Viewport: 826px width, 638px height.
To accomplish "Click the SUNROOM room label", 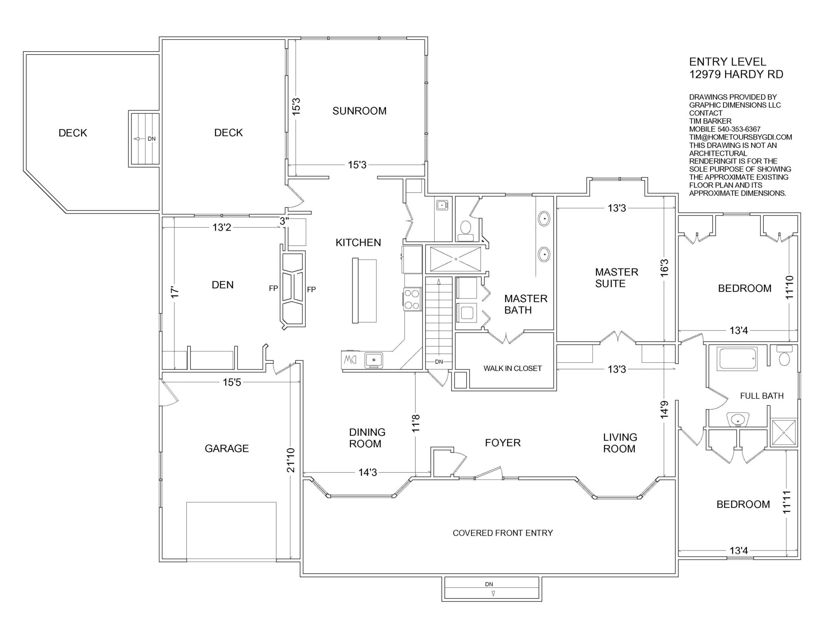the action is click(x=359, y=111).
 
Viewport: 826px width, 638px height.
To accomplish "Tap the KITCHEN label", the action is click(x=358, y=243).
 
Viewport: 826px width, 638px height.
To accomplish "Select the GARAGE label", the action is click(x=227, y=448).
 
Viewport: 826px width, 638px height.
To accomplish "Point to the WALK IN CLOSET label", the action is click(x=512, y=368).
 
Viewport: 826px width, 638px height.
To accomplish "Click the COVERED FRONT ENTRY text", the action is click(x=503, y=533).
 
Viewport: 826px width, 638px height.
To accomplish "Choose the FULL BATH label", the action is click(x=762, y=396).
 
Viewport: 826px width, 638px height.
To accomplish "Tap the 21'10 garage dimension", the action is click(x=290, y=460).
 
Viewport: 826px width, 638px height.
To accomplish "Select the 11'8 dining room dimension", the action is click(x=416, y=423).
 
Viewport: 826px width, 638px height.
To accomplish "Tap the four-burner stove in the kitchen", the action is click(x=412, y=299).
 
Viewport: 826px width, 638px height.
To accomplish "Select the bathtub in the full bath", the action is click(x=738, y=358).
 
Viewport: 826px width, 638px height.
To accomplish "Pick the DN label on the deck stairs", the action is click(x=151, y=139).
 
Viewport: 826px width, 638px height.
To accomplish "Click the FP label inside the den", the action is click(x=273, y=288).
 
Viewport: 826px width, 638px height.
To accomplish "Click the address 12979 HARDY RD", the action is click(x=736, y=75).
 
